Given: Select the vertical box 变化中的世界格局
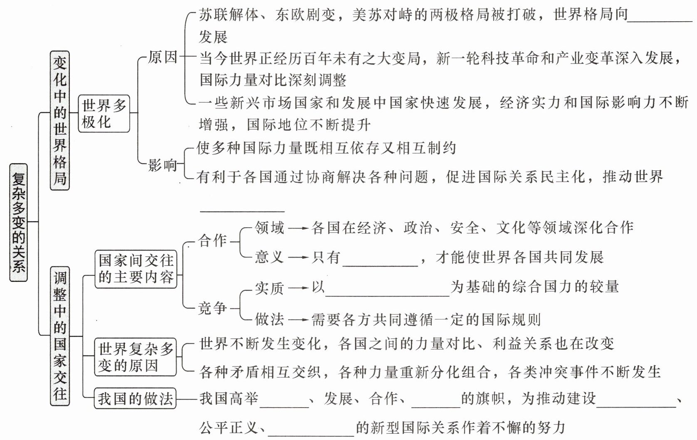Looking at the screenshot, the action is point(59,120).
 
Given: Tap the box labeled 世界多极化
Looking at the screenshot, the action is point(104,113).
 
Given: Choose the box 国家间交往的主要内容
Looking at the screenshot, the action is point(136,269).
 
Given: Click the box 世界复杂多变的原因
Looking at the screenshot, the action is point(136,357).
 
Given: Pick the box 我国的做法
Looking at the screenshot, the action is point(135,399).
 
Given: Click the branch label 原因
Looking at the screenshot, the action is point(163,57).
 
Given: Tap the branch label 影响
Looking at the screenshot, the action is point(163,165).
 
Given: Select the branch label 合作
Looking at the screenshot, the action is point(213,241).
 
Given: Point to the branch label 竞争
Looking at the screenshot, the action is point(213,308).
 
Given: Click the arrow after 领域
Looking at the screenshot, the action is point(298,228).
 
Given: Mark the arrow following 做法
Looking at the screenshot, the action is point(298,320).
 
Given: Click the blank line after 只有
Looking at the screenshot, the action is point(380,260).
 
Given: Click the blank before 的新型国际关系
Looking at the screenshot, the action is point(311,430).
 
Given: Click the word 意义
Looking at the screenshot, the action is point(269,257).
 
